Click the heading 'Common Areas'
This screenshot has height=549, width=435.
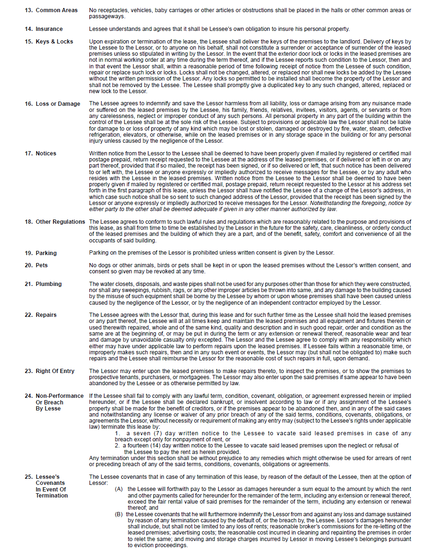point(57,10)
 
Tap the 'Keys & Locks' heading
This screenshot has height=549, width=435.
point(54,42)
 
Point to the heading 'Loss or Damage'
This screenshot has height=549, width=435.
point(58,104)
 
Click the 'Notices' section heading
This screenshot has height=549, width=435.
point(46,154)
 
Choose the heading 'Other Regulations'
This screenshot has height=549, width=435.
point(60,222)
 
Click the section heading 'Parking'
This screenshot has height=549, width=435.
point(46,253)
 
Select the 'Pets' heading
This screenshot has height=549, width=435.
point(42,265)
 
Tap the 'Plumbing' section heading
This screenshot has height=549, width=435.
point(49,284)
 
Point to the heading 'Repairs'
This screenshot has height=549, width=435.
point(46,315)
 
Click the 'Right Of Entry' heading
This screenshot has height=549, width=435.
point(55,371)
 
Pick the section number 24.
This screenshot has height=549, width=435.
point(29,396)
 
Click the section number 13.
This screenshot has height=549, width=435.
point(29,10)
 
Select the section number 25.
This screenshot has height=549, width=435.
point(29,477)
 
